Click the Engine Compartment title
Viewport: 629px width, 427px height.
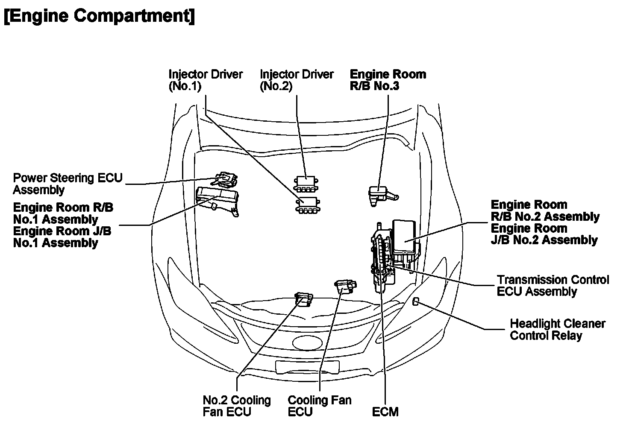(x=99, y=16)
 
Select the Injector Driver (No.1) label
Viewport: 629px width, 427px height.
(x=206, y=80)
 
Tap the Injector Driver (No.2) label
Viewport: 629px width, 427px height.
(x=297, y=80)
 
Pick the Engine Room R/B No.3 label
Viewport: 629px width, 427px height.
(x=388, y=80)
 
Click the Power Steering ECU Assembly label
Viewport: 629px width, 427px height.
(x=68, y=184)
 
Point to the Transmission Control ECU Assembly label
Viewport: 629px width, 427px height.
(x=553, y=286)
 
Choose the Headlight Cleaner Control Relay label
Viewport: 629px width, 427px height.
(x=557, y=329)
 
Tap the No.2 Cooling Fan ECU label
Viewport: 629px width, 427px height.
(x=237, y=406)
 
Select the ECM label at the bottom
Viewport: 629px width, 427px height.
(x=385, y=412)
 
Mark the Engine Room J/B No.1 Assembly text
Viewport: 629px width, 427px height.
(x=62, y=237)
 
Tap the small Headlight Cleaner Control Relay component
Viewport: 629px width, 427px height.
(x=416, y=302)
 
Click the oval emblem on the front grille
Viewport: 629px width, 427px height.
(x=306, y=342)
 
